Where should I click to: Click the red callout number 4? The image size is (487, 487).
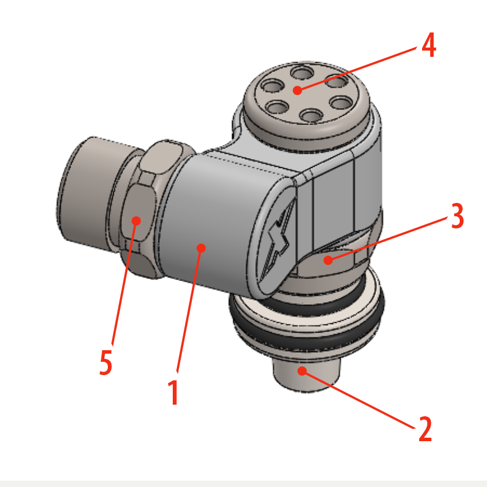429,46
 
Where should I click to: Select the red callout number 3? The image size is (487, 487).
457,216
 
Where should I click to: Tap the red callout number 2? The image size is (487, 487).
425,429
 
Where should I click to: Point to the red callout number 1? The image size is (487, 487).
173,392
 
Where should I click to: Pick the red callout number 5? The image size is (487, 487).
106,362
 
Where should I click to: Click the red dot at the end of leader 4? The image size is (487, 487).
297,90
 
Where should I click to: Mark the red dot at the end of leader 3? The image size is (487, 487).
328,260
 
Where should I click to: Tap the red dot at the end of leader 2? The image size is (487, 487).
302,371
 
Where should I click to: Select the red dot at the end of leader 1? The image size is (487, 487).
201,248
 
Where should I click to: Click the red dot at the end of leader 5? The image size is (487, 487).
136,221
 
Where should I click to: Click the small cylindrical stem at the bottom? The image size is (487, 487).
307,375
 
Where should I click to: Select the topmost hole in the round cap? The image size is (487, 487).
302,73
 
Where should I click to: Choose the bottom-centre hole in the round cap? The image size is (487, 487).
311,116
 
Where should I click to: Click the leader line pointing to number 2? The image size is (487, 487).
358,399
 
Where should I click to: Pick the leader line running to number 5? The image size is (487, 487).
124,283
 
